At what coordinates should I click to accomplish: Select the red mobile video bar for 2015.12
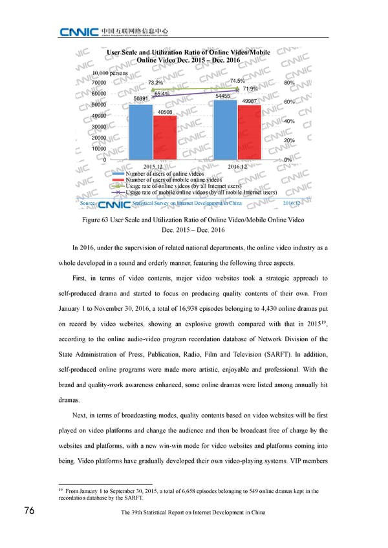[x=164, y=137]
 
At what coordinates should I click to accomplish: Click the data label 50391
[x=142, y=98]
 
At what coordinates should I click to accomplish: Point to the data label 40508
[x=164, y=112]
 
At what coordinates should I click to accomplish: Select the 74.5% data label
[x=237, y=81]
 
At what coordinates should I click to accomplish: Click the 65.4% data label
[x=162, y=94]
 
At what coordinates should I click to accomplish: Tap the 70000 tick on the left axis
[x=100, y=83]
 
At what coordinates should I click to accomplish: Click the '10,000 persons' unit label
[x=111, y=73]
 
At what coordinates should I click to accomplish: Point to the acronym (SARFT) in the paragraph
[x=316, y=355]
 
